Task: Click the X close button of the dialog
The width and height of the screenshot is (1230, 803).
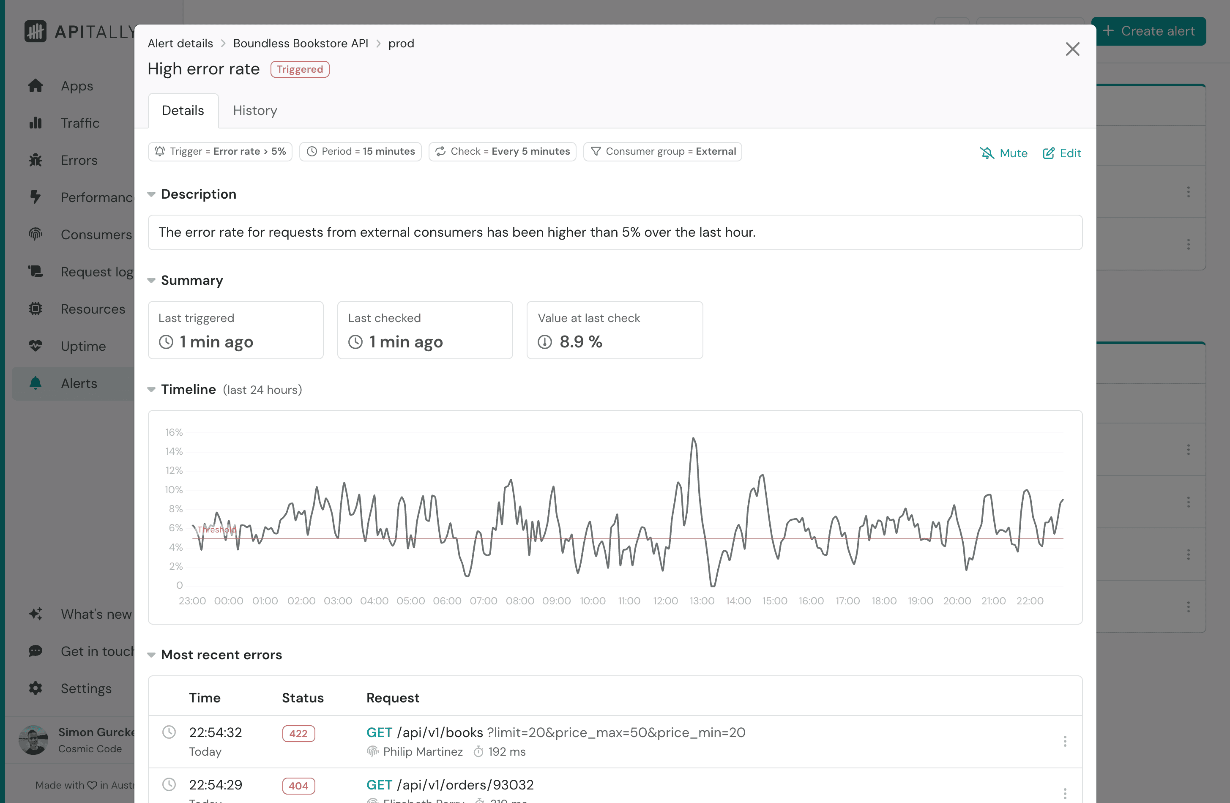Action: tap(1072, 49)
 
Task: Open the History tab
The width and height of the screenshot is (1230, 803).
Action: tap(255, 111)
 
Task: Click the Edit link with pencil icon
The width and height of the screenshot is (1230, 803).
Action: tap(1062, 153)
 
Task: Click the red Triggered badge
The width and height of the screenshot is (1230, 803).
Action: tap(300, 69)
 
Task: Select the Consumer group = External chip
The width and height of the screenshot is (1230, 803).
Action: tap(662, 151)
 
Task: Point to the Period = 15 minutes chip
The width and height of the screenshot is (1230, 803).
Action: tap(360, 151)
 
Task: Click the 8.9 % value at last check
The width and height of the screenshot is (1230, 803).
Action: tap(580, 341)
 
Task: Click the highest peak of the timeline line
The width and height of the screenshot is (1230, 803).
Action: tap(694, 439)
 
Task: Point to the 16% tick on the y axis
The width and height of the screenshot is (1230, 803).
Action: tap(174, 432)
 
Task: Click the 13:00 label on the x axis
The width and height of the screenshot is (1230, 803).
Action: tap(702, 601)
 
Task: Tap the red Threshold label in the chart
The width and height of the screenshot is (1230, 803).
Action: tap(216, 530)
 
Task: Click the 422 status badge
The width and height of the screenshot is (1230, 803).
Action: tap(298, 733)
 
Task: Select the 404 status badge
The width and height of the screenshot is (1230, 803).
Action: tap(298, 785)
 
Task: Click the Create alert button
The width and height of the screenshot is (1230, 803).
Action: tap(1148, 31)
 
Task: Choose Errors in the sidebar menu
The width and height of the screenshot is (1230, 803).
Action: tap(79, 160)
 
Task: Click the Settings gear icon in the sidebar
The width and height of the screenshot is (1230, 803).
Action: tap(36, 688)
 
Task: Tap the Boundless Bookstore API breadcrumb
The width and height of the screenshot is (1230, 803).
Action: tap(300, 44)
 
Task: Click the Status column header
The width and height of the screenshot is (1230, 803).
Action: tap(302, 698)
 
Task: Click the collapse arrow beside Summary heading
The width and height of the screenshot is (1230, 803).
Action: tap(151, 281)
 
